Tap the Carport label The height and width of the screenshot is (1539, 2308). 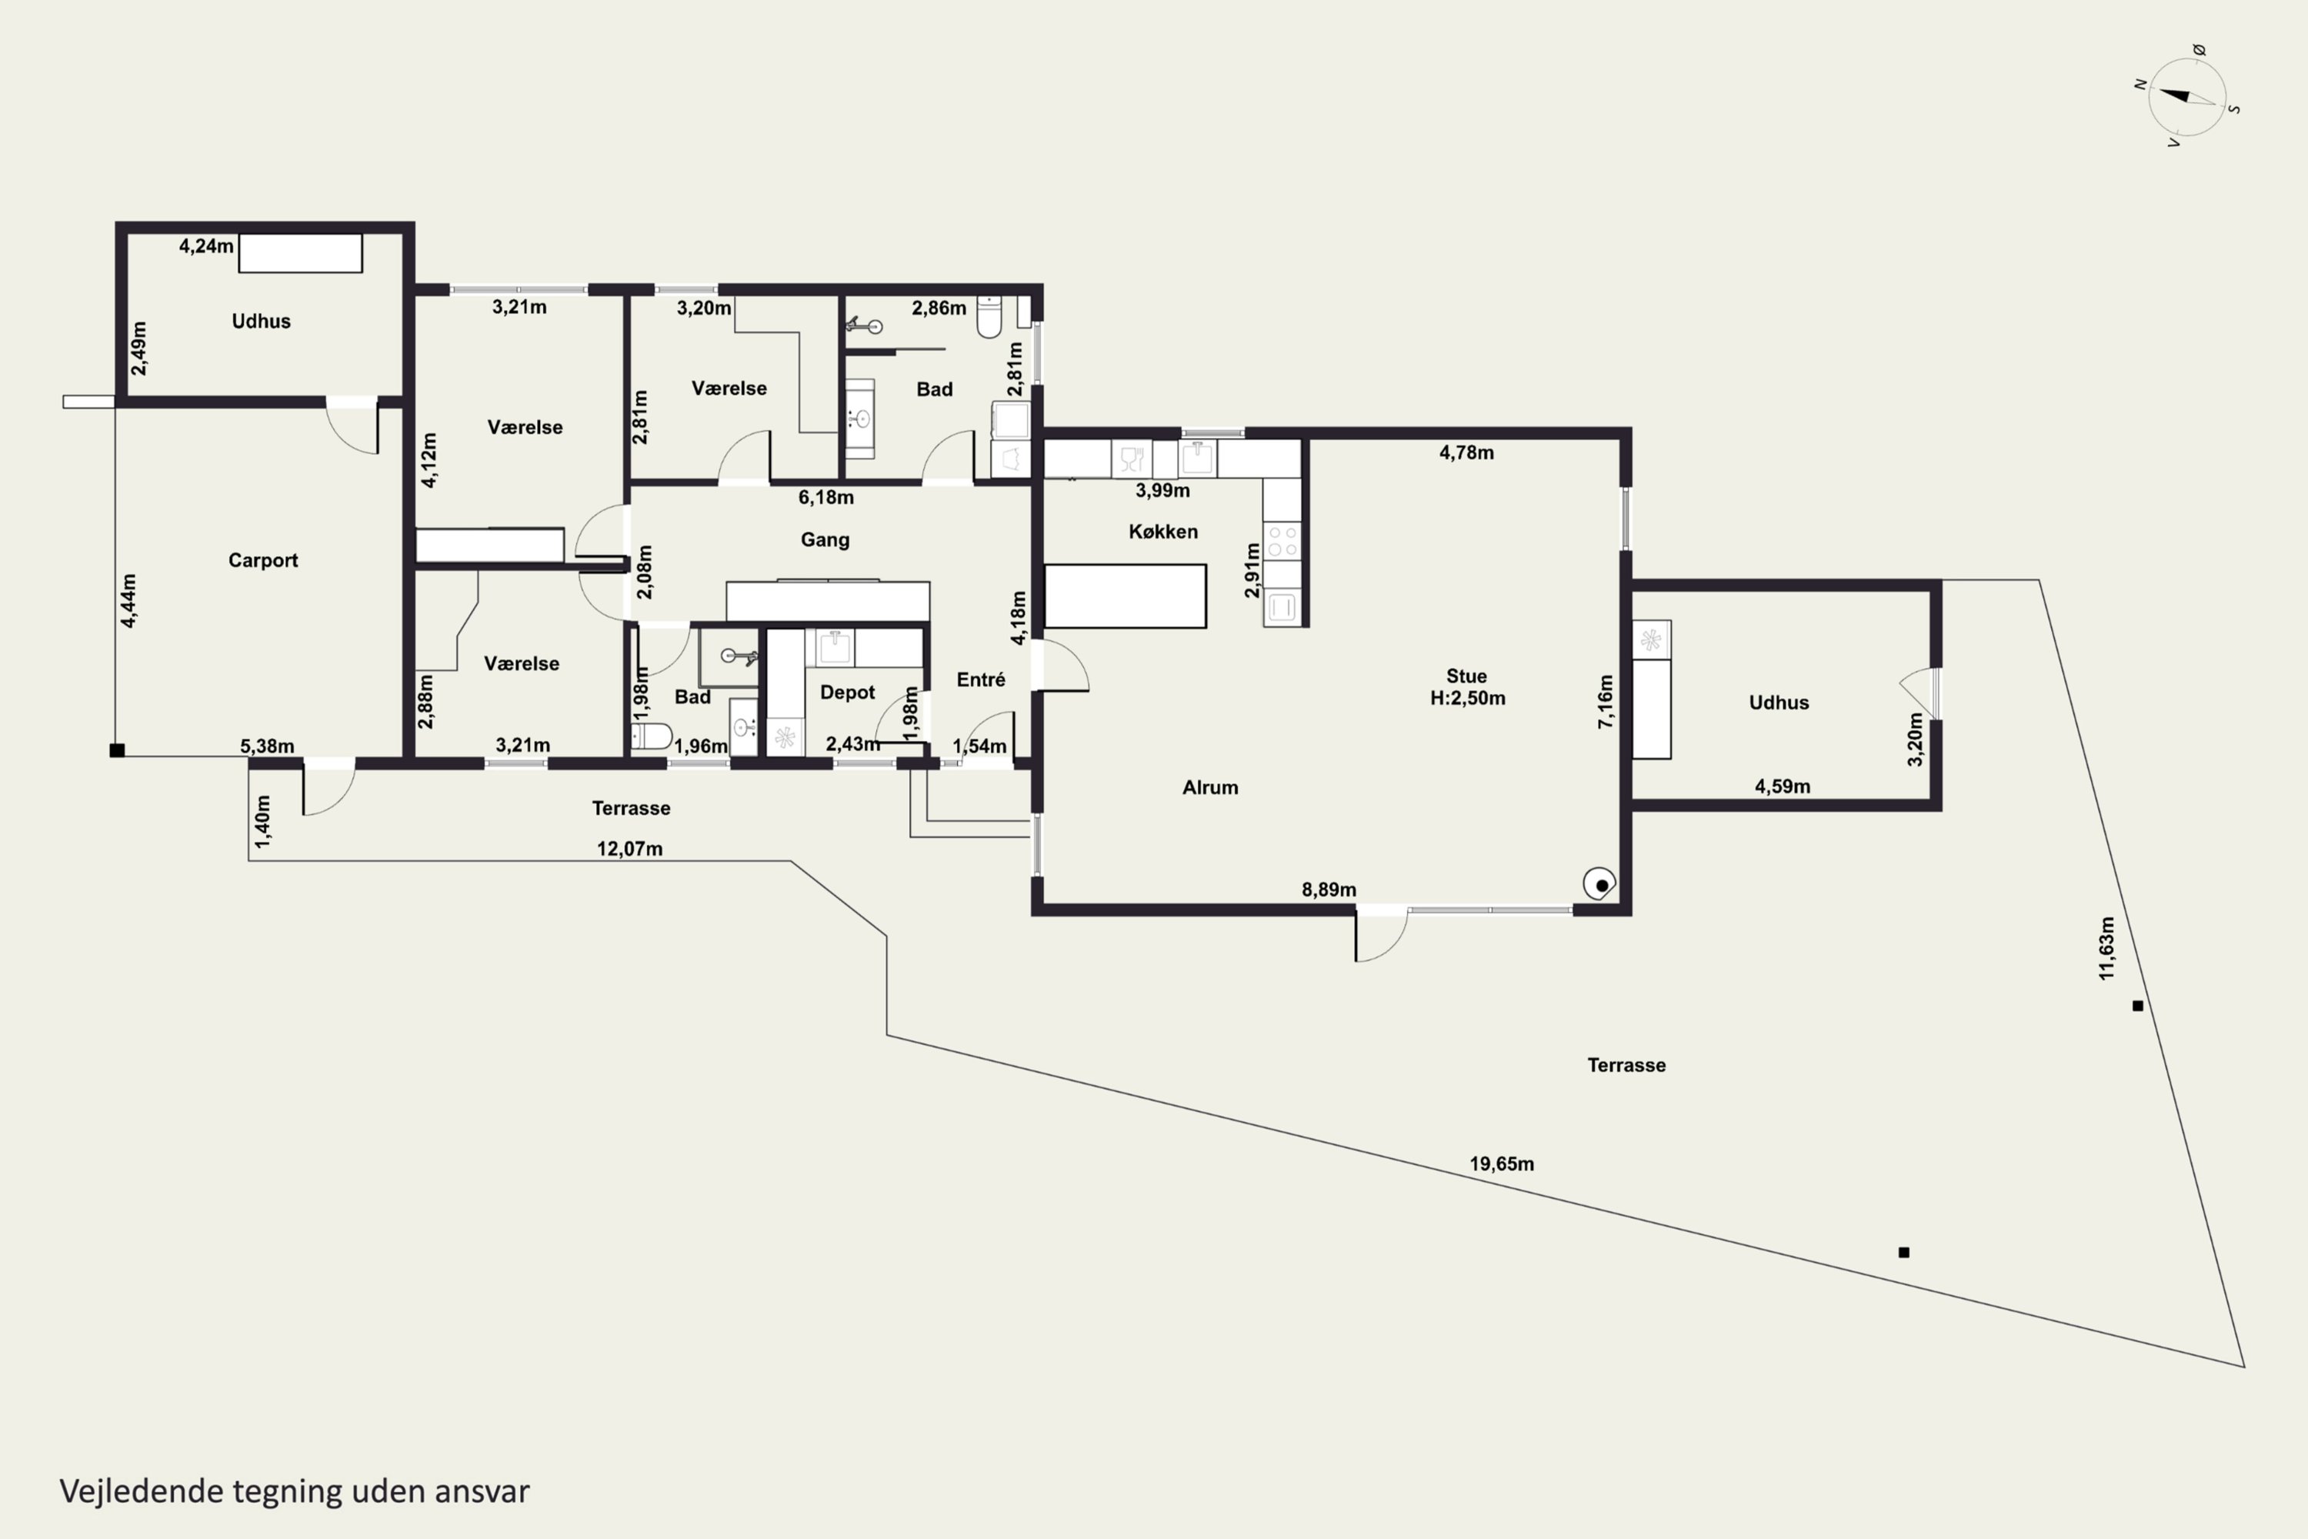pos(263,560)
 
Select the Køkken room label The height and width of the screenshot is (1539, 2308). pos(1162,532)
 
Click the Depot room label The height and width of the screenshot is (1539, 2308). pos(847,693)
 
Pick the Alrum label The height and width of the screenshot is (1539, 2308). pos(1210,787)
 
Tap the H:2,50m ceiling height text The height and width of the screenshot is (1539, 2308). pos(1467,699)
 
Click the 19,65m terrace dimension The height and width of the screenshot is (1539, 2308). pos(1502,1164)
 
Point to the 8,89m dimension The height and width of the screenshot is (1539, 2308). pos(1329,890)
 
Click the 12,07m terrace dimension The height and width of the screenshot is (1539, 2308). pos(630,849)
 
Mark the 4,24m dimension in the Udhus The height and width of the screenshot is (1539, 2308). pos(206,246)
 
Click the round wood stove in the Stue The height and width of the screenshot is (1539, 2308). pos(1599,884)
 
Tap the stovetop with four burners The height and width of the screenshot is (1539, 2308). pos(1282,541)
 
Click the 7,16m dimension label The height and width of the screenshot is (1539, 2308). pos(1606,702)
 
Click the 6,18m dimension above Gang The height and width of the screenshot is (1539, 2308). pos(825,498)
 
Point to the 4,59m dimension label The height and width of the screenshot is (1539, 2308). pos(1782,786)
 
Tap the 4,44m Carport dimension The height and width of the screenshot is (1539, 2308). pos(128,601)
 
